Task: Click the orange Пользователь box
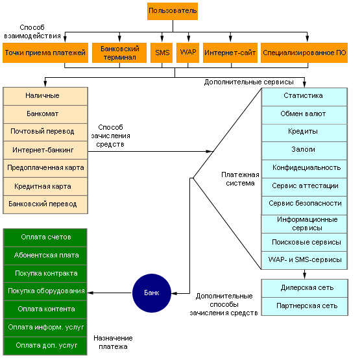click(173, 11)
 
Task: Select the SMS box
click(162, 53)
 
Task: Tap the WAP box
click(187, 53)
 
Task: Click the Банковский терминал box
click(119, 53)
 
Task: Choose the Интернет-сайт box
click(230, 53)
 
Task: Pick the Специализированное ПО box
click(304, 53)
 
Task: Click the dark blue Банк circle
click(152, 293)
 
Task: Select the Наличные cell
click(45, 96)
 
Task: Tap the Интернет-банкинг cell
click(45, 150)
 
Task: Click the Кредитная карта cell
click(45, 186)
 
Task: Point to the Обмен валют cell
click(304, 115)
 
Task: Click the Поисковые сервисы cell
click(304, 243)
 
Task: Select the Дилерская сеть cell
click(304, 288)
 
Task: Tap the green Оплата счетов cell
click(45, 237)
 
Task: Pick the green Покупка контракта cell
click(45, 274)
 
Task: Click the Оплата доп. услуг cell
click(45, 346)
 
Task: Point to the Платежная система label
click(240, 179)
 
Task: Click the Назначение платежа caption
click(113, 342)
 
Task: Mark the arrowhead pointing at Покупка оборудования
click(90, 293)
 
